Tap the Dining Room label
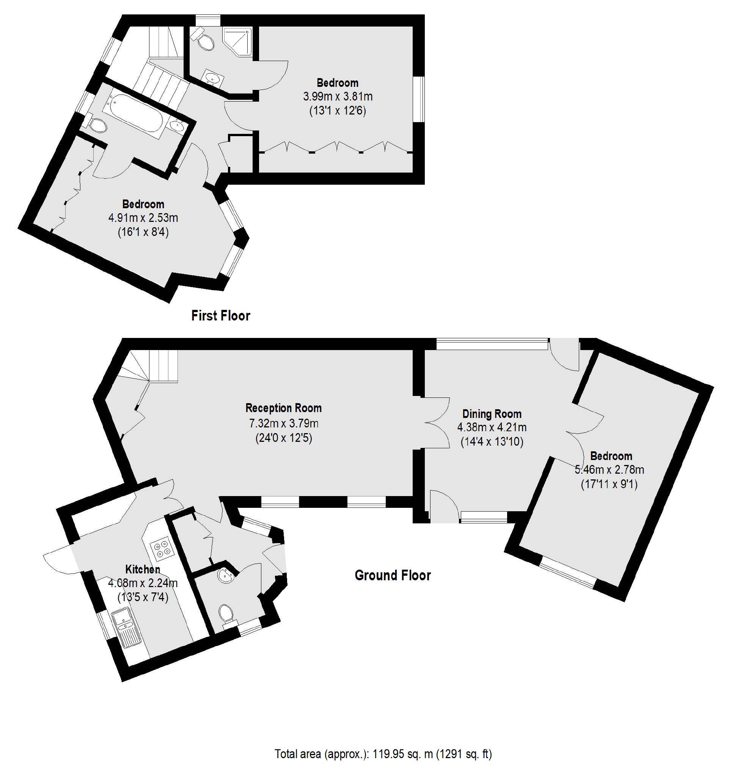[x=492, y=414]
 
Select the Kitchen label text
[x=143, y=570]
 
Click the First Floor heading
[x=220, y=316]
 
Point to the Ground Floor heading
[x=393, y=575]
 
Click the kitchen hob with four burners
[x=162, y=548]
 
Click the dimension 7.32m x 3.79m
[x=283, y=423]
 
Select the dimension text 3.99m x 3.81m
[x=337, y=96]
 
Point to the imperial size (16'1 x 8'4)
[x=143, y=232]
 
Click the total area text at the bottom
[x=383, y=754]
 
